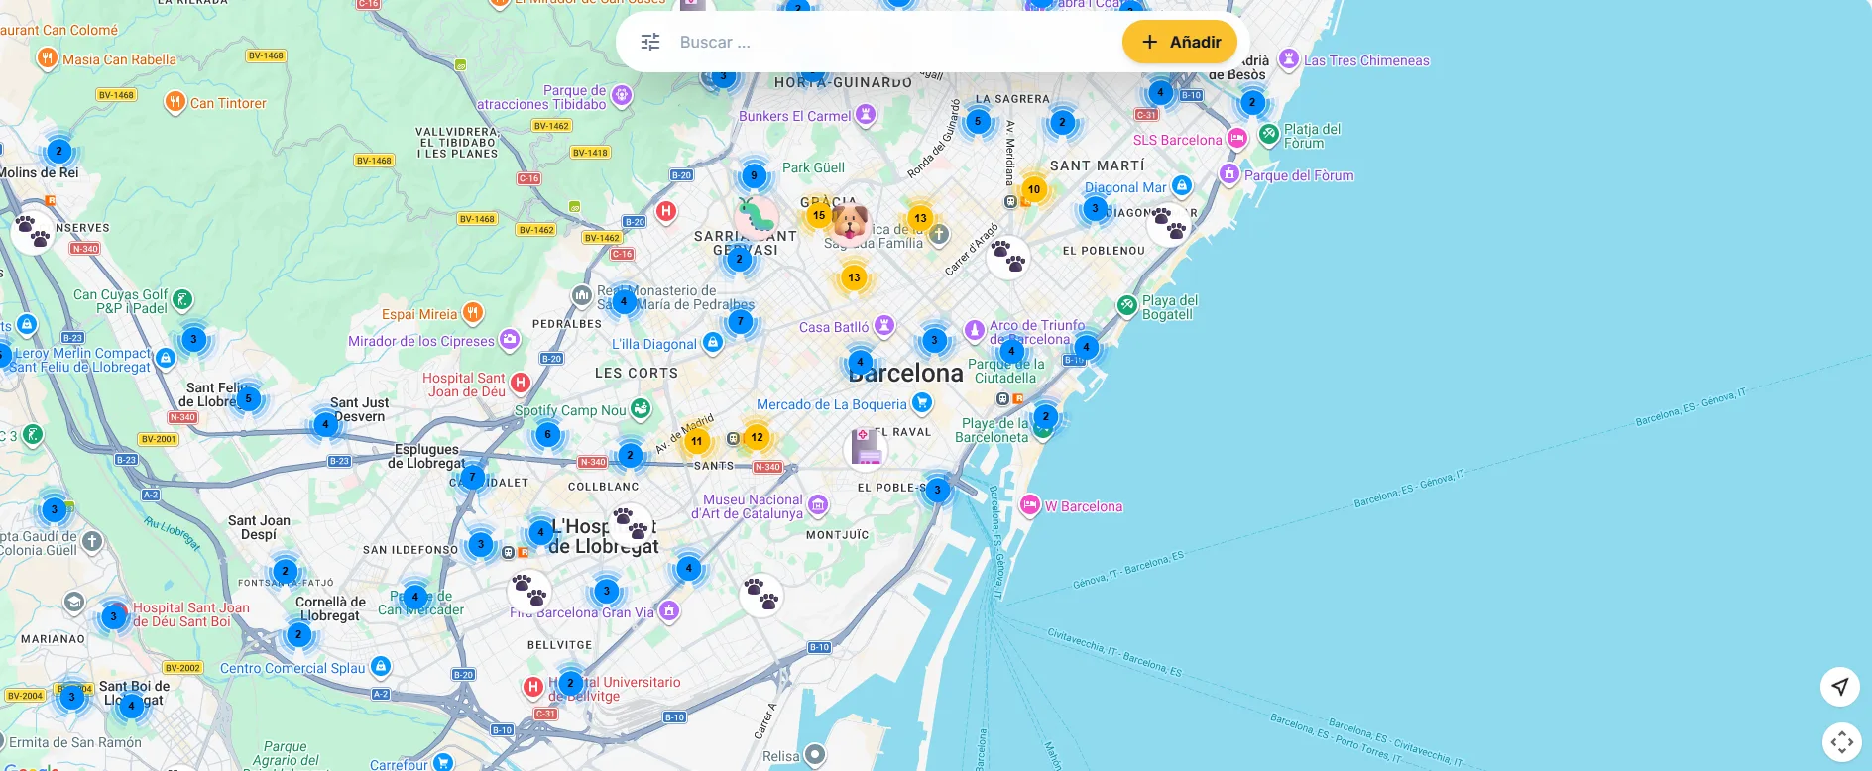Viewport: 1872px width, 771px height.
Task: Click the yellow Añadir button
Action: pos(1180,42)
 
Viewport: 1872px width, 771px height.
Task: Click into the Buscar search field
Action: pos(892,42)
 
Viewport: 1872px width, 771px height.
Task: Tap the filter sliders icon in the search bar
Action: pos(650,42)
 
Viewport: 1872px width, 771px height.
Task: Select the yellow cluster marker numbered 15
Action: pos(819,214)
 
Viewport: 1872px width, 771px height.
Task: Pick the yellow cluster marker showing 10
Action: pos(1034,189)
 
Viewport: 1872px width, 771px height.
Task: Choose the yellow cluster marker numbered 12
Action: pos(757,437)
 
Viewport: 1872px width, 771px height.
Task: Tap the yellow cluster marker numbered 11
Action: pos(697,441)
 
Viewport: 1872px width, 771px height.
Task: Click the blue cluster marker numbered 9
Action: pos(754,176)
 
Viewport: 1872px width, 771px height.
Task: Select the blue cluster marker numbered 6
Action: pos(547,434)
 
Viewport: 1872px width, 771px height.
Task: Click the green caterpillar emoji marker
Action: pos(758,216)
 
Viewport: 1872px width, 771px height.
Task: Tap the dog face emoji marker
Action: pos(851,222)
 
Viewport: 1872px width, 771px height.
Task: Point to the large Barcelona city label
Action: pos(905,374)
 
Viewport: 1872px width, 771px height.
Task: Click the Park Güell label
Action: pos(813,167)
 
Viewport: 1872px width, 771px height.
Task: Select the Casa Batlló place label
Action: pos(834,327)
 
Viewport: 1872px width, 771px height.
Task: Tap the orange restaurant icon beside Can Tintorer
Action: pos(175,102)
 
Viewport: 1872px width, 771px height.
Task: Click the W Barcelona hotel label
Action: pos(1083,506)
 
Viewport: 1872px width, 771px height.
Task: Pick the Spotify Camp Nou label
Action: pos(570,410)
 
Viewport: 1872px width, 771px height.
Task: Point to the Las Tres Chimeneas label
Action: pos(1366,60)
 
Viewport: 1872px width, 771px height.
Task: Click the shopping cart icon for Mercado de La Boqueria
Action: pos(922,402)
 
